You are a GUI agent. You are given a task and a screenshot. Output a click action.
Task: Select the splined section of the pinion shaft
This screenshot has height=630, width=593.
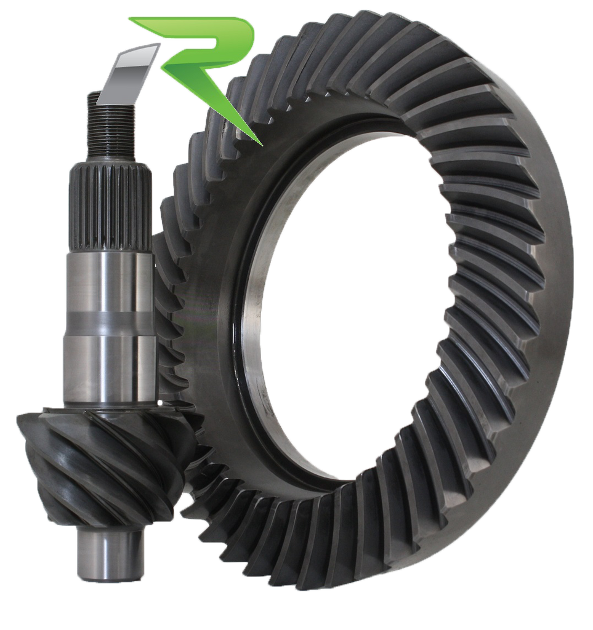[x=111, y=209]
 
